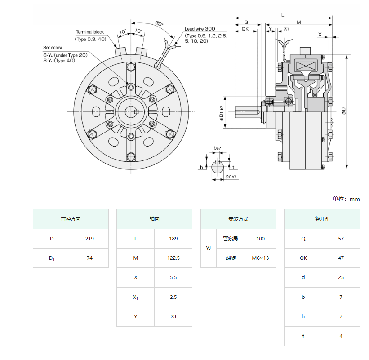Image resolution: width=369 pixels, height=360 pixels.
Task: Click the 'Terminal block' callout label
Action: click(90, 32)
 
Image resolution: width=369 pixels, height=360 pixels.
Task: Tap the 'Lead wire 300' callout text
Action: click(200, 29)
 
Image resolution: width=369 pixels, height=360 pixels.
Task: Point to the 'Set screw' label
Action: click(53, 47)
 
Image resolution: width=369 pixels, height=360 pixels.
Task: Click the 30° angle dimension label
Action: click(159, 23)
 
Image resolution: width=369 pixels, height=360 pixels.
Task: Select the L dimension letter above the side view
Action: click(282, 15)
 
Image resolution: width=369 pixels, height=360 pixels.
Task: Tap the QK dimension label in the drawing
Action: click(245, 29)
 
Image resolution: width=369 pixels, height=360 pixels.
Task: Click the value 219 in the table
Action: click(89, 239)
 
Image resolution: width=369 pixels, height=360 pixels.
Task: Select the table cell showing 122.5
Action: click(173, 258)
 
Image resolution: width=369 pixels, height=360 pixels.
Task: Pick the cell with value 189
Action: click(173, 239)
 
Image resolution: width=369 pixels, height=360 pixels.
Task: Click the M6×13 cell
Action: click(260, 258)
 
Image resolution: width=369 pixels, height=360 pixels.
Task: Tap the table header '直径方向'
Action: click(71, 219)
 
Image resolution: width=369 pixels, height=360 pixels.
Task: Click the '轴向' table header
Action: click(154, 219)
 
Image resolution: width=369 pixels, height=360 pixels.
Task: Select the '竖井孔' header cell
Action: click(322, 219)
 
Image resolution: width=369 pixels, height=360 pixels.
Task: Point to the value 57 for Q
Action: click(341, 239)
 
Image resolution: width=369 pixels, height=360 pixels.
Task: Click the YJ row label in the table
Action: click(208, 248)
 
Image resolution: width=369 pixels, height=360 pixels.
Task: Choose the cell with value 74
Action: click(89, 258)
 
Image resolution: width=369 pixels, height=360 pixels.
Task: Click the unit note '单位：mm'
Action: click(346, 199)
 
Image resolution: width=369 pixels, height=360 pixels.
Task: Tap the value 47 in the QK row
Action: click(341, 258)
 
